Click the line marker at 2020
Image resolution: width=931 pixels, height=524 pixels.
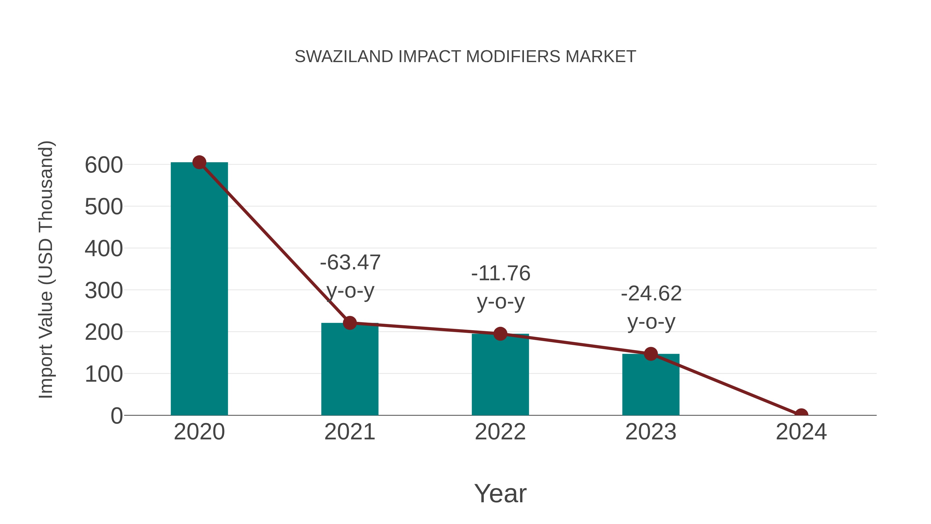point(199,162)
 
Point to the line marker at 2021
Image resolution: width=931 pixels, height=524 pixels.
point(349,323)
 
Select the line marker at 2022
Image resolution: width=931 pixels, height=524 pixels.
point(500,334)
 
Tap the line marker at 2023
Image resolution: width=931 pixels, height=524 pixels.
point(651,354)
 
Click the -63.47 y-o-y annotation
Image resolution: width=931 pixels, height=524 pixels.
point(350,277)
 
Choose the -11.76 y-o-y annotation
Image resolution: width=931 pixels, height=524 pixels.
point(501,287)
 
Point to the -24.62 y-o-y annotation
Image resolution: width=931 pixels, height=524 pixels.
point(651,308)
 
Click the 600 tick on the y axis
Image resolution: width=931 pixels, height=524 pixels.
point(104,165)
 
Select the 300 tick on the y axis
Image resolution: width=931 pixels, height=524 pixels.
point(104,291)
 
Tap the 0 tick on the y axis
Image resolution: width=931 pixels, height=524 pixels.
point(116,416)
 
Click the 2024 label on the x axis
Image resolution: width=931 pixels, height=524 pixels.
point(801,432)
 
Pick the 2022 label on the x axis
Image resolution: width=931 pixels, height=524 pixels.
point(500,432)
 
